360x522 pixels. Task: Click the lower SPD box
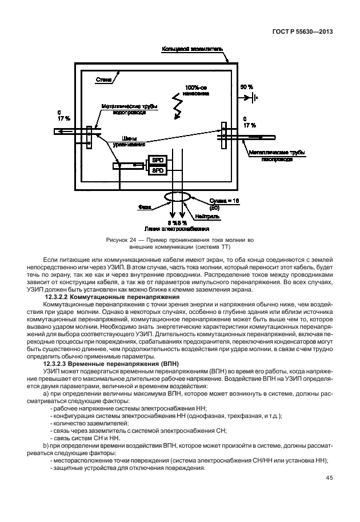pyautogui.click(x=157, y=170)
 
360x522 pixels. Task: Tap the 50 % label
pyautogui.click(x=246, y=86)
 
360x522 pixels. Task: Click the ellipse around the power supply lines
pyautogui.click(x=177, y=196)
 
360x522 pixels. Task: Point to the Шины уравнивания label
pyautogui.click(x=133, y=141)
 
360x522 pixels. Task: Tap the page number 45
pyautogui.click(x=330, y=479)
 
